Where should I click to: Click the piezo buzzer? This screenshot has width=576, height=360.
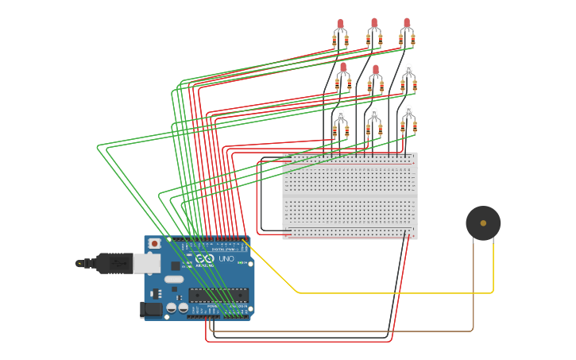[x=483, y=223]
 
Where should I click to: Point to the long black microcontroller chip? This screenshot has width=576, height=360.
[x=218, y=295]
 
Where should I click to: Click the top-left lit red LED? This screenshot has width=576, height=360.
[x=340, y=25]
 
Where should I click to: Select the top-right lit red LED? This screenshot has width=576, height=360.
[x=407, y=25]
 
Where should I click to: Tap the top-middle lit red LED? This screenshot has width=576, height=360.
[x=373, y=25]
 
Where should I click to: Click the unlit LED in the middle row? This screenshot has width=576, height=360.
[x=408, y=69]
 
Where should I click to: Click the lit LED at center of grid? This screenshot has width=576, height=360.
[x=375, y=70]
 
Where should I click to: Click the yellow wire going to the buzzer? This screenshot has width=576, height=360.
[x=381, y=292]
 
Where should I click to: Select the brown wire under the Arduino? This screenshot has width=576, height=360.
[x=342, y=331]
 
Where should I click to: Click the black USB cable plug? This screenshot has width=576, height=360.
[x=111, y=262]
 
